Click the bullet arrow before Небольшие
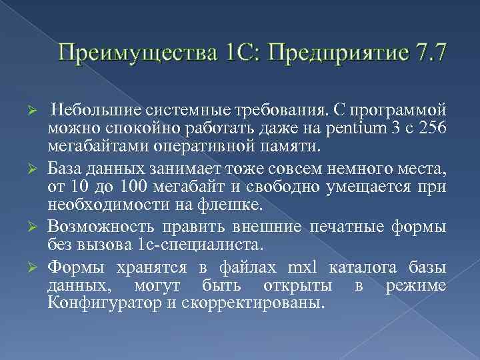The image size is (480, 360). (39, 109)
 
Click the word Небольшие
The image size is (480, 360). (88, 109)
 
